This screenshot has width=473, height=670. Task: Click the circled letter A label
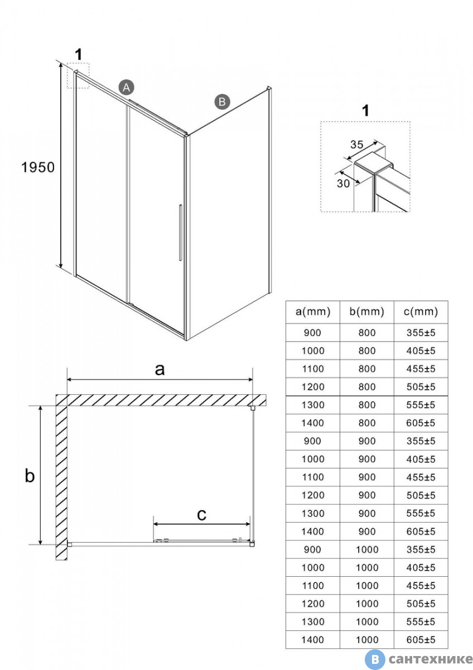pyautogui.click(x=127, y=87)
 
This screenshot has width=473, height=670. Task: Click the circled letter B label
pyautogui.click(x=222, y=102)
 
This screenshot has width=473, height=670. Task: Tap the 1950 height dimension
pyautogui.click(x=38, y=166)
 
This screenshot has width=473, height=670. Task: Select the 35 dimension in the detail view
pyautogui.click(x=356, y=144)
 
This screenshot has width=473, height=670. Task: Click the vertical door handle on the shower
pyautogui.click(x=180, y=233)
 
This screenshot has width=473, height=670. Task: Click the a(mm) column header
pyautogui.click(x=312, y=312)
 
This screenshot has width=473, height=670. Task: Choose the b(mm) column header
pyautogui.click(x=366, y=312)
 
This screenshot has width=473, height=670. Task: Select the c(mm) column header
pyautogui.click(x=421, y=312)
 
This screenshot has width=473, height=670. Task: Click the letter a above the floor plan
pyautogui.click(x=160, y=369)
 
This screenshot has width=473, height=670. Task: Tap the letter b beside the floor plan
pyautogui.click(x=30, y=476)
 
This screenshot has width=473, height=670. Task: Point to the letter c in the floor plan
pyautogui.click(x=202, y=514)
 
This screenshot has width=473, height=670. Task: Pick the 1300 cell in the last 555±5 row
pyautogui.click(x=312, y=621)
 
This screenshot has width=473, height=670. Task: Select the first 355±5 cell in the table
pyautogui.click(x=421, y=333)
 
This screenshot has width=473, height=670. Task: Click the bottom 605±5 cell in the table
pyautogui.click(x=421, y=640)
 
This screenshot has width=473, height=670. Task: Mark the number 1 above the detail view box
pyautogui.click(x=365, y=111)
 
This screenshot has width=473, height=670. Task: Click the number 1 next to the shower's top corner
pyautogui.click(x=79, y=55)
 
